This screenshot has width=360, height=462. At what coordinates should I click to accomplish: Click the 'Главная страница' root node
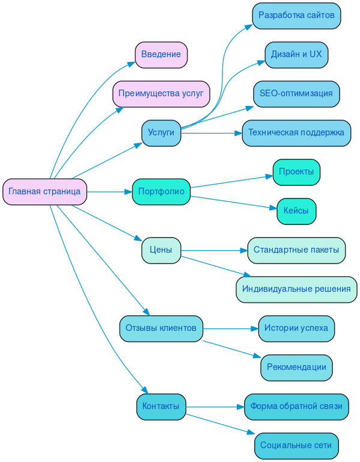pos(44,192)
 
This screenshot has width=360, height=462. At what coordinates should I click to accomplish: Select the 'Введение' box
pos(161,55)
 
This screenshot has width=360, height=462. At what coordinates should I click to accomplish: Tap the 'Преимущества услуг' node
pos(161,94)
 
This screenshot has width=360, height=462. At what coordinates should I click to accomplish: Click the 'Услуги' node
pos(161,133)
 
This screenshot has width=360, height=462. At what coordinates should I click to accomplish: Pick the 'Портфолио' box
pos(161,192)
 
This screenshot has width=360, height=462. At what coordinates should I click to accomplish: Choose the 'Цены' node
pos(161,250)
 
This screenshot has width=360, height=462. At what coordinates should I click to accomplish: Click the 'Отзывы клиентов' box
pos(161,328)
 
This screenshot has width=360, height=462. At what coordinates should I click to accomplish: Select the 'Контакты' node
pos(161,407)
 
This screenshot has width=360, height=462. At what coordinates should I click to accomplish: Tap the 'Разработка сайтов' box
pos(296,16)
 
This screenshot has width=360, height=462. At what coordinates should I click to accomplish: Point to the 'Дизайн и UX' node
pos(296,55)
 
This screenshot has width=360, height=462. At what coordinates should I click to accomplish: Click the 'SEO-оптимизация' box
pos(296,94)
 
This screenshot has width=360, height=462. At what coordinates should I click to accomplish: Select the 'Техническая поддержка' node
pos(296,133)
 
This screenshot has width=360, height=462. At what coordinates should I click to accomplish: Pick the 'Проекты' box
pos(296,172)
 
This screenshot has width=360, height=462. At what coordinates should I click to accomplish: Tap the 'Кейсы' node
pos(296,211)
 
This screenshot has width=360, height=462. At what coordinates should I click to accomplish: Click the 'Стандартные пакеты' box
pos(296,250)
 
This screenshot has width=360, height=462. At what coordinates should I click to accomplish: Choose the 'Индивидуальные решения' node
pos(296,289)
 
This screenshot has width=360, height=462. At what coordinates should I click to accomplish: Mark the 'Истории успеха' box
pos(296,328)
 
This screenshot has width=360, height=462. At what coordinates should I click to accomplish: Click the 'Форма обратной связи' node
pos(296,407)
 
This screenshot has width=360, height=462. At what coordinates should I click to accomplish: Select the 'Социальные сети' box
pos(296,446)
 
